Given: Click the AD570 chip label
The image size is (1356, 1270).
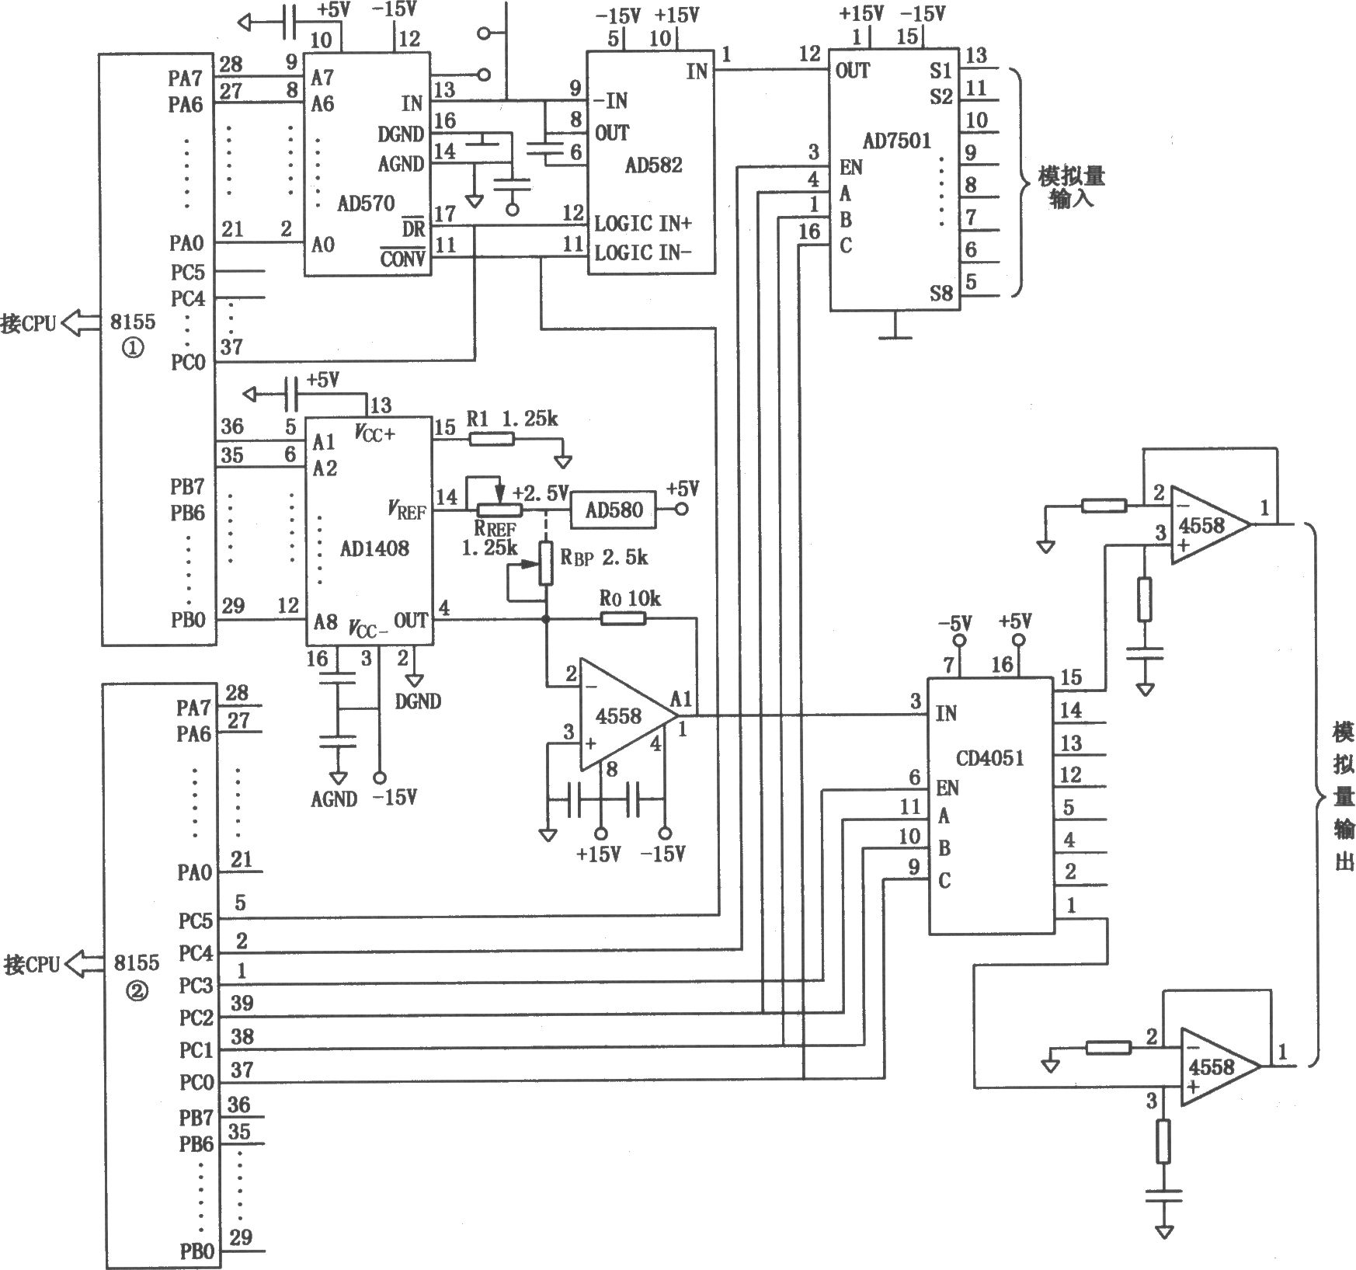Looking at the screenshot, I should click(x=366, y=204).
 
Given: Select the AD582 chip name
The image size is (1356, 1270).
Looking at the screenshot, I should click(x=653, y=165).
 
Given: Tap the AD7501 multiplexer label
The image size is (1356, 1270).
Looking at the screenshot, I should click(x=896, y=141).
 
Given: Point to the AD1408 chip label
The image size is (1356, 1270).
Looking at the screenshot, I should click(x=374, y=548).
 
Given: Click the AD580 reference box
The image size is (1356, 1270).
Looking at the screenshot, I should click(x=614, y=510).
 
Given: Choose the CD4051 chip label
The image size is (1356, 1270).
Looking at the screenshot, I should click(x=989, y=758).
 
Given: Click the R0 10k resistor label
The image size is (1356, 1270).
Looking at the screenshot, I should click(x=630, y=598).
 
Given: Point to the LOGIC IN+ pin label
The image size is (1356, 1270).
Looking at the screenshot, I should click(x=643, y=224).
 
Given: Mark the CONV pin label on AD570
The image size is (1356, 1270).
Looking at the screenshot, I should click(x=402, y=259).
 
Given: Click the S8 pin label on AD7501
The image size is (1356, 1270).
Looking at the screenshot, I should click(x=941, y=294).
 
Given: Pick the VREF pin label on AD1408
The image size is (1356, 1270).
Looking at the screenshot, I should click(x=407, y=510).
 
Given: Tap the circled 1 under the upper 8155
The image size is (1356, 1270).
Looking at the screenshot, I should click(x=133, y=349).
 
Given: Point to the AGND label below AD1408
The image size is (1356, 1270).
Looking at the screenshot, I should click(x=333, y=799).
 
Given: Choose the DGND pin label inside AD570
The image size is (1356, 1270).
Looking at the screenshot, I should click(x=401, y=135).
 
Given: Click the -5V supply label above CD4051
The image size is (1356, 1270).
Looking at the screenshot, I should click(x=954, y=623).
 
